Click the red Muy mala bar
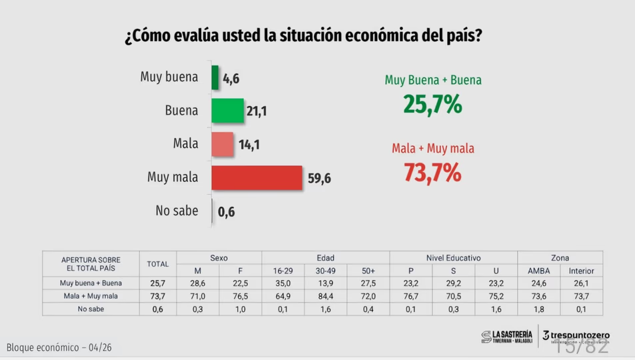coord(257,177)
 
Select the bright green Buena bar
coord(227,111)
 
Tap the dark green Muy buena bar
coord(215,77)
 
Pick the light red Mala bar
coord(223,144)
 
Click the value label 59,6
coord(319,178)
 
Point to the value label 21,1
coord(257,111)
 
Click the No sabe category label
coord(177,211)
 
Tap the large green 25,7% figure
coord(432,105)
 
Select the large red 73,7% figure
coord(432,173)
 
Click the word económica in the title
coord(384,36)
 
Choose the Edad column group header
coord(325,258)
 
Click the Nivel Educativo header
coord(453,258)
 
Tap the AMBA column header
coord(538,271)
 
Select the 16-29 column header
coord(283,271)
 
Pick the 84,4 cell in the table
coord(326,296)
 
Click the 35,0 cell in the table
coord(283,283)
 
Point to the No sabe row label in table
coord(91,309)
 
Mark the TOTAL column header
coord(158,264)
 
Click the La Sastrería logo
coord(507,337)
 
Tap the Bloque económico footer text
coord(59,348)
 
